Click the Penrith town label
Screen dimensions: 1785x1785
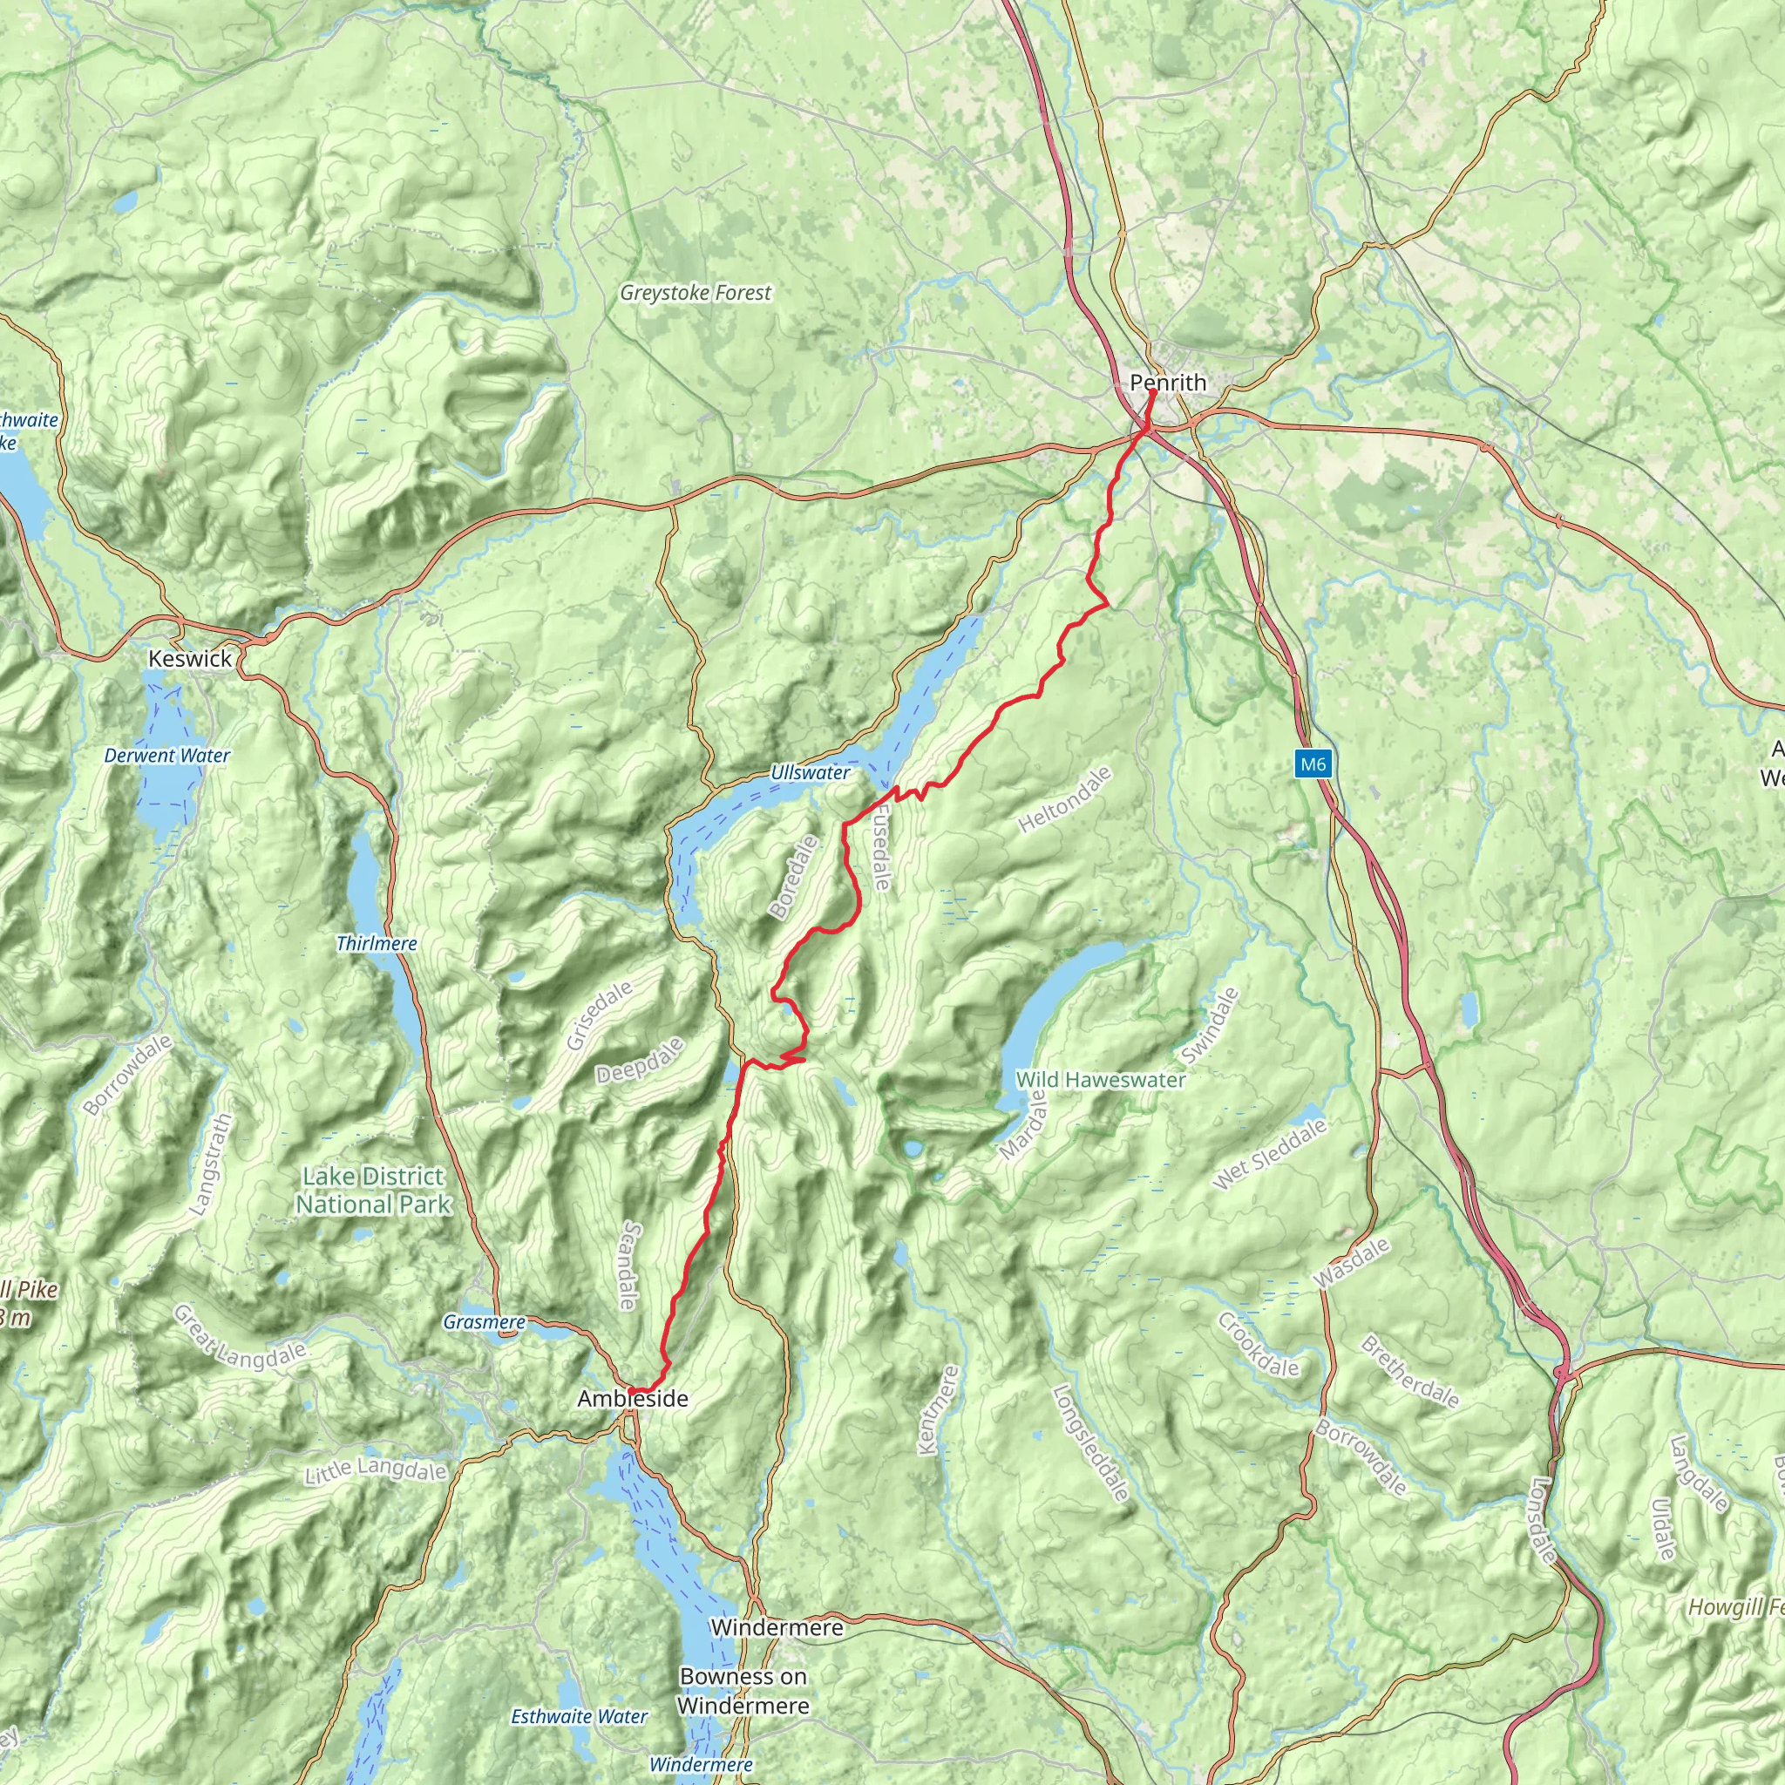[x=1168, y=383]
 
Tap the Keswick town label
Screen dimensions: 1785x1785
[x=190, y=659]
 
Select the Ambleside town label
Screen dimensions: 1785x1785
[x=633, y=1399]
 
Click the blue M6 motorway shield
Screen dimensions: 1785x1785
[x=1313, y=764]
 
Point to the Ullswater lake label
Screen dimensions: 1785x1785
[x=811, y=772]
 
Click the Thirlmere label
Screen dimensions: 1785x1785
[x=377, y=943]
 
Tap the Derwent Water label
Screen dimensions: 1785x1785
[x=167, y=756]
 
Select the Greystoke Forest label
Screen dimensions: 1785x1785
[x=696, y=293]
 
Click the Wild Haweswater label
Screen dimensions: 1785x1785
[x=1101, y=1079]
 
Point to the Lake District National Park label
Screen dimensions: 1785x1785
[x=373, y=1190]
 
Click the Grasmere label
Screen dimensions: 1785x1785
[x=484, y=1322]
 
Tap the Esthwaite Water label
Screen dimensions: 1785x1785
[x=580, y=1717]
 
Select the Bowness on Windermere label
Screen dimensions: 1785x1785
[x=743, y=1691]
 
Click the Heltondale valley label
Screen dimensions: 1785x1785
[x=1065, y=800]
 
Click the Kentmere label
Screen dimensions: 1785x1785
[x=939, y=1411]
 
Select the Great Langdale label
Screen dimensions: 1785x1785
[x=240, y=1336]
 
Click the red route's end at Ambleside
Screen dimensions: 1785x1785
[x=630, y=1390]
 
